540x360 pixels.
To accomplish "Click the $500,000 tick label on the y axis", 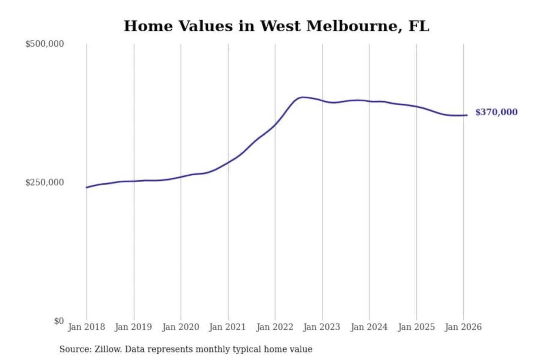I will pyautogui.click(x=44, y=44).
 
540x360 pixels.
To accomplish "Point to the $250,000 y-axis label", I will pyautogui.click(x=44, y=183).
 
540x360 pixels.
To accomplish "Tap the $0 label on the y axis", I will pyautogui.click(x=59, y=321).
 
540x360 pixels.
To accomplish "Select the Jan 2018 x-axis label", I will pyautogui.click(x=86, y=327).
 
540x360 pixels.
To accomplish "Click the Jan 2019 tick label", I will pyautogui.click(x=133, y=327).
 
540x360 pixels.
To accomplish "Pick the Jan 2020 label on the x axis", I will pyautogui.click(x=180, y=327).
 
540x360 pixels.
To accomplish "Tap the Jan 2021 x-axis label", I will pyautogui.click(x=227, y=327).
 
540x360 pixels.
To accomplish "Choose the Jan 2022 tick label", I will pyautogui.click(x=274, y=327).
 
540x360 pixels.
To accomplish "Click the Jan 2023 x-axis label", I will pyautogui.click(x=321, y=327).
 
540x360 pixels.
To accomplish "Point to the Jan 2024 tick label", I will pyautogui.click(x=369, y=327).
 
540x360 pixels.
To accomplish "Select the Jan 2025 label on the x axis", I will pyautogui.click(x=416, y=327).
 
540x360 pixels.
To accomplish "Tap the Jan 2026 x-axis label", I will pyautogui.click(x=463, y=327).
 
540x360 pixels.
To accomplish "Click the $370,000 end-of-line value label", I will pyautogui.click(x=496, y=112).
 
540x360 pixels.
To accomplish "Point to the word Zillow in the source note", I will pyautogui.click(x=108, y=349).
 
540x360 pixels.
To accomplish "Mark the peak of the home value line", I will pyautogui.click(x=303, y=97).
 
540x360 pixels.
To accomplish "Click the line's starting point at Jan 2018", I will pyautogui.click(x=87, y=187).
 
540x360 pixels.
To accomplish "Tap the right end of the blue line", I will pyautogui.click(x=467, y=115).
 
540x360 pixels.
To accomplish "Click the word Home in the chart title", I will pyautogui.click(x=148, y=26).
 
